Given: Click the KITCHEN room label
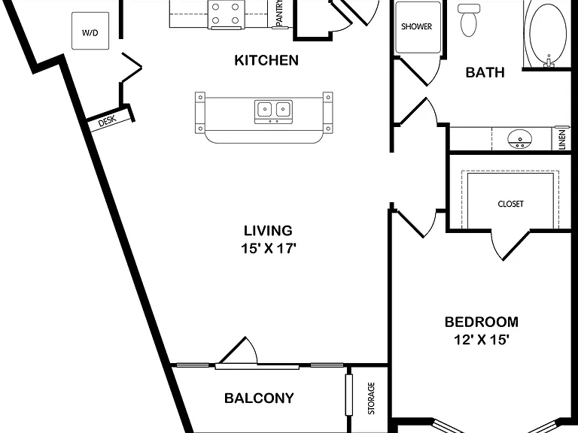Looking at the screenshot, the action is tap(266, 60).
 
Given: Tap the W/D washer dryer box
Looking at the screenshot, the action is tap(90, 31).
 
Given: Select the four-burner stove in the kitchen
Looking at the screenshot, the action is tap(225, 14).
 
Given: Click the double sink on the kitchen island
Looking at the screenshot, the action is tap(273, 111).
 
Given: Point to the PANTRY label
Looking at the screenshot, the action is tap(279, 13).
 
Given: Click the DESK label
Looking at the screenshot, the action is tap(108, 121).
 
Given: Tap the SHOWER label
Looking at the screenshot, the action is tap(416, 26).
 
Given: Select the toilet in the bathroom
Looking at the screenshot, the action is tap(469, 20).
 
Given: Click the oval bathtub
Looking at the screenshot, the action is tap(548, 35).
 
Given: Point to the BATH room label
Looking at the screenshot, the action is tap(485, 72).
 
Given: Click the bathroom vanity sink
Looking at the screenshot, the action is tap(520, 139).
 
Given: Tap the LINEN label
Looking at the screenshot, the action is tap(561, 139).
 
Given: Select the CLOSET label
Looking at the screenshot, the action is tap(510, 204).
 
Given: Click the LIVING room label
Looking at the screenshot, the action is tap(268, 231).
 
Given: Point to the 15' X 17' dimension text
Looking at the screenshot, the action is tap(269, 249).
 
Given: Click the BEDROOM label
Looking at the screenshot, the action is tap(482, 322).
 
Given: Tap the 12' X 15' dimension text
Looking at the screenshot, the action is tap(482, 340).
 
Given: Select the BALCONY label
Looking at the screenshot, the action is tap(259, 398).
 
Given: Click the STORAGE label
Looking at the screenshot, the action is tap(371, 398).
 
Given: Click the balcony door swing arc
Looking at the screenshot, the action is tap(253, 348).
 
